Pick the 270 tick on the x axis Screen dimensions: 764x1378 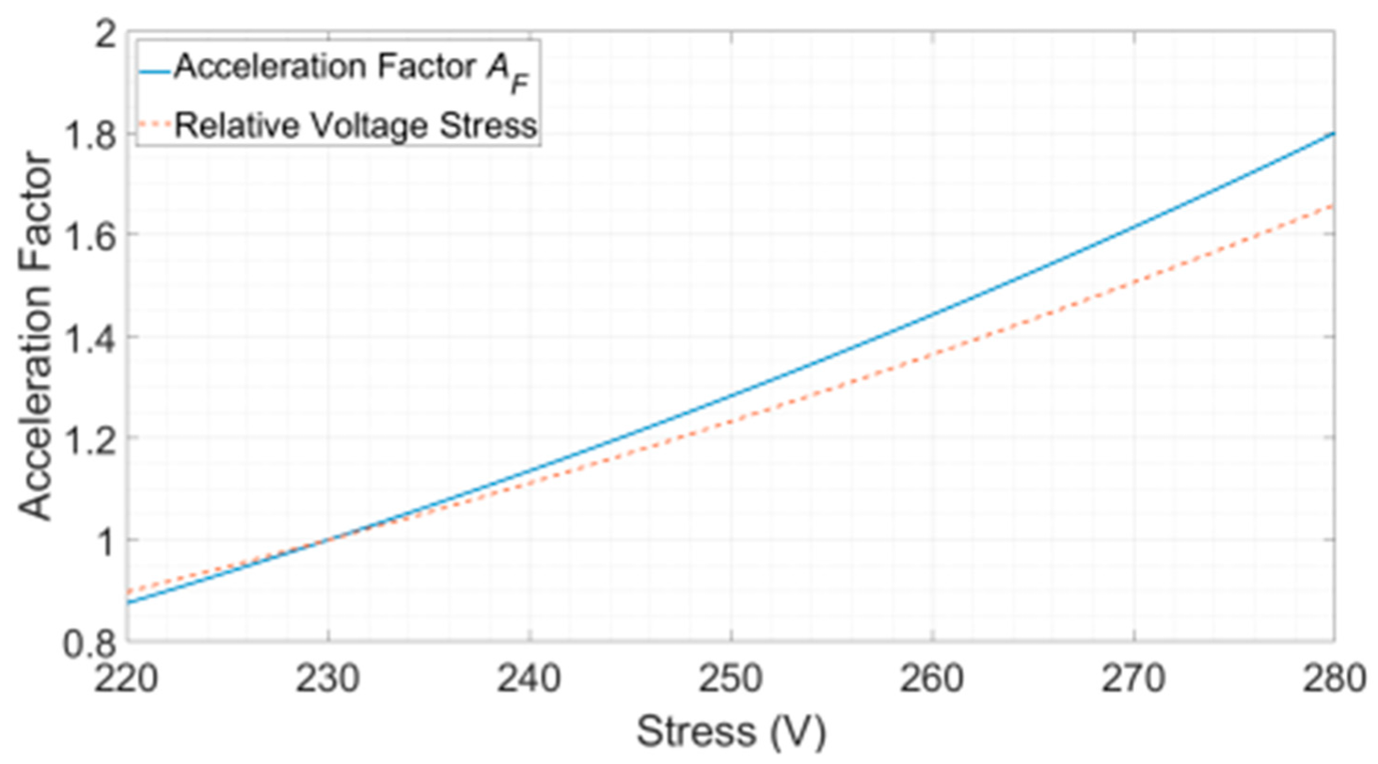pyautogui.click(x=1133, y=677)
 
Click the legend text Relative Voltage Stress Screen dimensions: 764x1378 pyautogui.click(x=357, y=125)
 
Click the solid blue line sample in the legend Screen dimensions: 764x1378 pyautogui.click(x=157, y=68)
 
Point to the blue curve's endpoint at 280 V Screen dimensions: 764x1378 pyautogui.click(x=1334, y=134)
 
